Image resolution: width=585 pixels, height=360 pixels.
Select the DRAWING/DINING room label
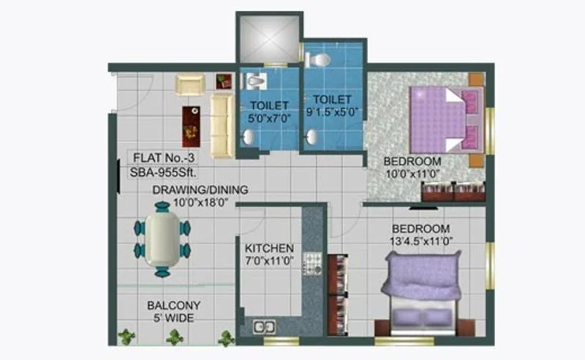tap(200, 190)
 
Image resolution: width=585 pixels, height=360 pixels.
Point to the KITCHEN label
tap(269, 248)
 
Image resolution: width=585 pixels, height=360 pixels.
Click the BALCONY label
tap(173, 305)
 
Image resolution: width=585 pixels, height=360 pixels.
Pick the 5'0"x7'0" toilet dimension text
tap(269, 116)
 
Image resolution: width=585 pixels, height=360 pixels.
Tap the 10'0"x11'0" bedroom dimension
tap(413, 174)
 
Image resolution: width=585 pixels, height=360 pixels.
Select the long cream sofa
tap(223, 125)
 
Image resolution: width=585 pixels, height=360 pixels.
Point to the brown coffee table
tap(191, 125)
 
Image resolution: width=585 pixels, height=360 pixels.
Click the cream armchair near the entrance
tap(189, 85)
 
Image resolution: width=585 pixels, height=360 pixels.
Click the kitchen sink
tap(264, 326)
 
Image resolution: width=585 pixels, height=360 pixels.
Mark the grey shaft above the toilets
tap(268, 39)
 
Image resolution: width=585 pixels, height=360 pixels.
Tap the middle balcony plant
tap(174, 337)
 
